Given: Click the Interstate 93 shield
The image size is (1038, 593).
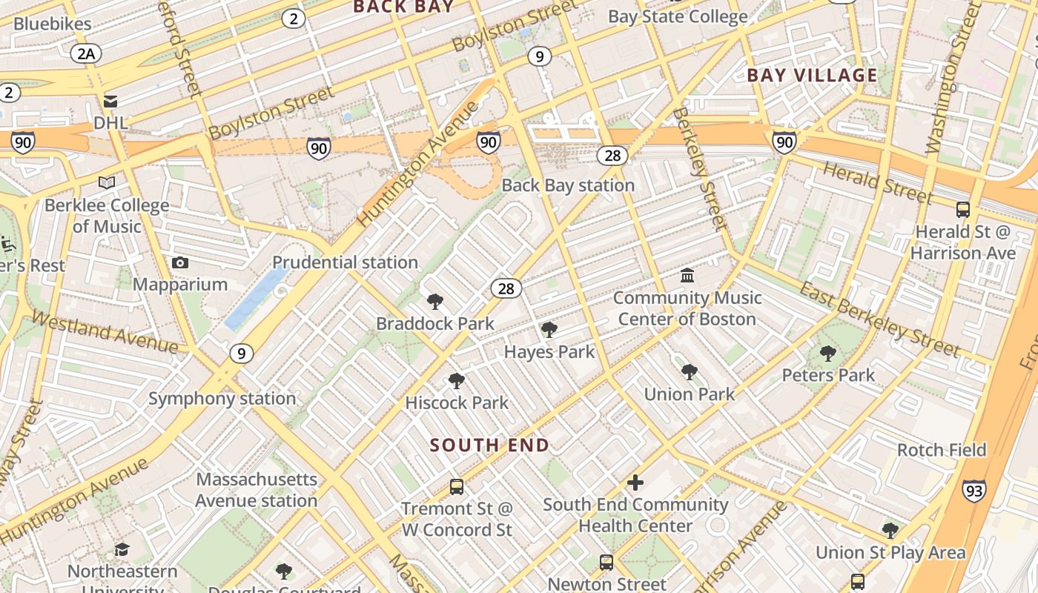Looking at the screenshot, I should pyautogui.click(x=974, y=491).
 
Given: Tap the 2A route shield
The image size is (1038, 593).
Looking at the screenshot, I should pyautogui.click(x=86, y=53).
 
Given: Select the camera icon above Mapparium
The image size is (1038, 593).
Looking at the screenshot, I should pyautogui.click(x=179, y=263).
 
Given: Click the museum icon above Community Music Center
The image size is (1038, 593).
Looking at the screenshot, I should pyautogui.click(x=687, y=276).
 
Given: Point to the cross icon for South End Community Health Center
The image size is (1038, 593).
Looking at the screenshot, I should pyautogui.click(x=635, y=483).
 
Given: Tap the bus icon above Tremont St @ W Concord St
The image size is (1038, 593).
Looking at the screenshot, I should pyautogui.click(x=457, y=487).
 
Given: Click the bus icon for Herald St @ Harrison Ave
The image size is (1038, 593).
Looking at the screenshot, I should pyautogui.click(x=963, y=210).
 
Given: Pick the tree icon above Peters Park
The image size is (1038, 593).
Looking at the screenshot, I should pyautogui.click(x=828, y=354).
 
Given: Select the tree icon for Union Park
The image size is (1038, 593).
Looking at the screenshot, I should pyautogui.click(x=689, y=372).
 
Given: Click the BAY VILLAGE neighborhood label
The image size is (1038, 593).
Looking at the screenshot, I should pyautogui.click(x=812, y=75).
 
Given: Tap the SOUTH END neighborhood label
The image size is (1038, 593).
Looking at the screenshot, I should pyautogui.click(x=489, y=445).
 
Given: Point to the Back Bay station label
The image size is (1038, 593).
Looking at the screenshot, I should pyautogui.click(x=568, y=185).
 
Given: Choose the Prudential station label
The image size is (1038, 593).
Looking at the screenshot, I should pyautogui.click(x=345, y=262).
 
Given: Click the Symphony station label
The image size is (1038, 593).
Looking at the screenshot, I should pyautogui.click(x=222, y=399).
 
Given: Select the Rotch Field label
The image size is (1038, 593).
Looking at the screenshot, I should pyautogui.click(x=942, y=450).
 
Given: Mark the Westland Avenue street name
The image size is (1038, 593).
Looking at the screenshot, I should pyautogui.click(x=105, y=334).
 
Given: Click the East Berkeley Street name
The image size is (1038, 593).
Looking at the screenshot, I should pyautogui.click(x=879, y=319).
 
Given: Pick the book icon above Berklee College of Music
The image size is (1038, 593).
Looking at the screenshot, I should pyautogui.click(x=107, y=182).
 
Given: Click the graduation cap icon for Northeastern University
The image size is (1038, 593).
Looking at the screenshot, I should pyautogui.click(x=122, y=549).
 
